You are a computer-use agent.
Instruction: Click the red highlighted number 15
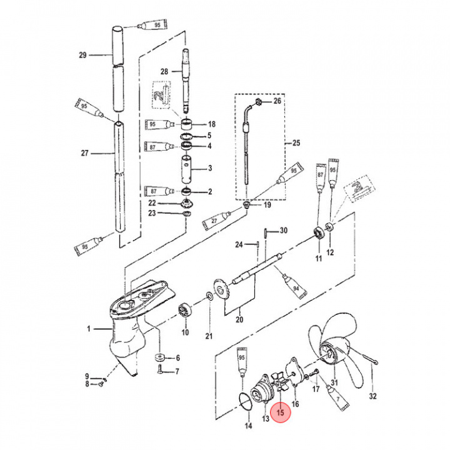pos(281,412)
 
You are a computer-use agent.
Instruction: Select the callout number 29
pos(82,56)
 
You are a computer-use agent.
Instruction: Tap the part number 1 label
pos(89,328)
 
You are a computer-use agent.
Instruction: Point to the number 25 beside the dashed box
pos(296,142)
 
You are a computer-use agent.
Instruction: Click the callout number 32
pos(374,396)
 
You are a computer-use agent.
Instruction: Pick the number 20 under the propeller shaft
pos(239,320)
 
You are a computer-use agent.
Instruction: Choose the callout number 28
pos(164,72)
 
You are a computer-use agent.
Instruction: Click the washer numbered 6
pos(159,358)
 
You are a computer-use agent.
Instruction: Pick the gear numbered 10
pos(186,309)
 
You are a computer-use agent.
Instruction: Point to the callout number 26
pos(278,101)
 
